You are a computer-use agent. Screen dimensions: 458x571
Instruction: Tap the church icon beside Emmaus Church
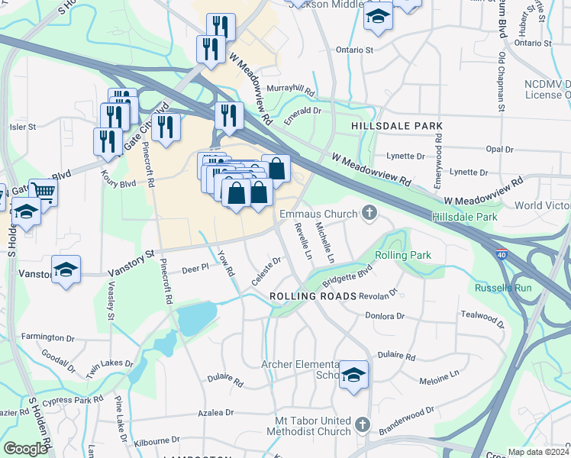coord(369,213)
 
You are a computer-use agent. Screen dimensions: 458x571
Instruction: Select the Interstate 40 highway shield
coord(500,256)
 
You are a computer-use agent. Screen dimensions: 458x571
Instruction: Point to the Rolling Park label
coord(402,255)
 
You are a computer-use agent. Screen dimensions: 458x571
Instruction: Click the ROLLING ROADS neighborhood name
coord(313,295)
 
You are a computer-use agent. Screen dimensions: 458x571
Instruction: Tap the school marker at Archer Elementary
coord(353,374)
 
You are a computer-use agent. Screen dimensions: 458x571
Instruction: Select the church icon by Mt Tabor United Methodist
coord(362,424)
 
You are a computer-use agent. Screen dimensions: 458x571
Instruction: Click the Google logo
coord(25,449)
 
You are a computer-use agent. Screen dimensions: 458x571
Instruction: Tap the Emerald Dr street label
coord(303,111)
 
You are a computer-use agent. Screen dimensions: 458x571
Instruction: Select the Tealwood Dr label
coord(482,318)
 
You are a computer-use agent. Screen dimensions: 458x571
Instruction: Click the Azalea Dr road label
coord(214,412)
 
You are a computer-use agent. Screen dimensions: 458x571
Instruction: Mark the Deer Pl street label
coord(195,269)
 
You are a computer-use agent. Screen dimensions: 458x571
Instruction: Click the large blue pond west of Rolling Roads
coord(196,314)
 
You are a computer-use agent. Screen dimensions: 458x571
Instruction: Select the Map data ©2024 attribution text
coord(537,452)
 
